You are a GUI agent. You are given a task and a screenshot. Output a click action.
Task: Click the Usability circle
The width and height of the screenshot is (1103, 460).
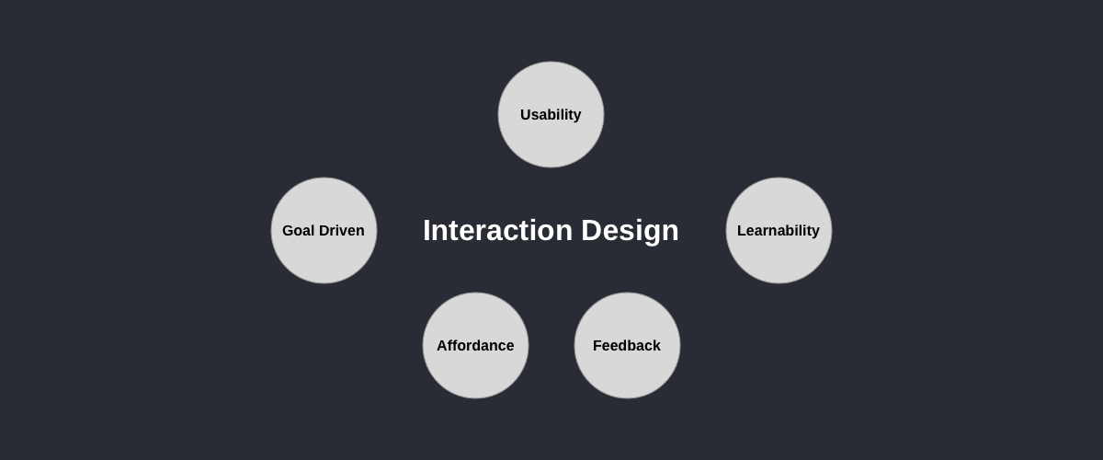(x=551, y=114)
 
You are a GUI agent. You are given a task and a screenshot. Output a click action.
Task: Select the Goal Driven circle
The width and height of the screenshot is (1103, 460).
(x=324, y=230)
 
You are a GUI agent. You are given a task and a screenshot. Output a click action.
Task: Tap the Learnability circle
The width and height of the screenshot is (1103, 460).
(x=779, y=230)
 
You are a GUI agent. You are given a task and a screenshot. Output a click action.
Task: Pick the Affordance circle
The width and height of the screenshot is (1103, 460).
(x=475, y=345)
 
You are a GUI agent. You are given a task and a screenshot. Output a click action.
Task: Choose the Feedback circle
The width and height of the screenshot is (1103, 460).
(x=627, y=345)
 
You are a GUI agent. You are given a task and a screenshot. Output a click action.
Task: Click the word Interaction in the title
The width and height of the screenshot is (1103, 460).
(x=498, y=230)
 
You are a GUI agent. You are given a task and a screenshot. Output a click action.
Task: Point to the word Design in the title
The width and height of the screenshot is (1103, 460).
(x=630, y=231)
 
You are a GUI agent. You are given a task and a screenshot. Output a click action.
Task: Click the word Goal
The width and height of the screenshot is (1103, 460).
(x=298, y=230)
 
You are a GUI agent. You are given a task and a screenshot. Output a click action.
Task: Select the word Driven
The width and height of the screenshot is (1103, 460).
(x=341, y=230)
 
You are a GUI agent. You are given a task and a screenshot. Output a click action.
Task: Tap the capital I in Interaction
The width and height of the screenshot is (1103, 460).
(x=426, y=230)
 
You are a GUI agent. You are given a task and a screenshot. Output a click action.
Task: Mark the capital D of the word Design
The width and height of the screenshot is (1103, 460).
(x=592, y=230)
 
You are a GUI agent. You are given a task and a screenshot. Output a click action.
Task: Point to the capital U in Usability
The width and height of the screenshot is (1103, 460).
(x=526, y=114)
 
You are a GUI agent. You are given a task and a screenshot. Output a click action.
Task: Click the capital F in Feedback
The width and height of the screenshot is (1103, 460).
(x=597, y=346)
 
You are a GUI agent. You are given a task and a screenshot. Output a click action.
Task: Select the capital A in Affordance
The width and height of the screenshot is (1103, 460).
(x=443, y=346)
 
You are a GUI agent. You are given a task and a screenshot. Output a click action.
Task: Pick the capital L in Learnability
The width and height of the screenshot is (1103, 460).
(x=742, y=230)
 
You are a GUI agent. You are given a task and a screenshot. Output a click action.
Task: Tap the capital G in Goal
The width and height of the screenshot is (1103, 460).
(x=288, y=230)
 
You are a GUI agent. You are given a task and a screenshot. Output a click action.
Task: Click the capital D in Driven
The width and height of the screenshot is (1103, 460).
(x=324, y=230)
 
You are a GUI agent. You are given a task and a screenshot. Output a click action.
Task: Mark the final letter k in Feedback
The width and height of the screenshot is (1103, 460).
(x=656, y=346)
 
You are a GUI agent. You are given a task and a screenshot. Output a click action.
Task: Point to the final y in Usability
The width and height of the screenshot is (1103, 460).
(x=577, y=116)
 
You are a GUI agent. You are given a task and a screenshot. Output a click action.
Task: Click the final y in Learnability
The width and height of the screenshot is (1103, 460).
(x=815, y=232)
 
